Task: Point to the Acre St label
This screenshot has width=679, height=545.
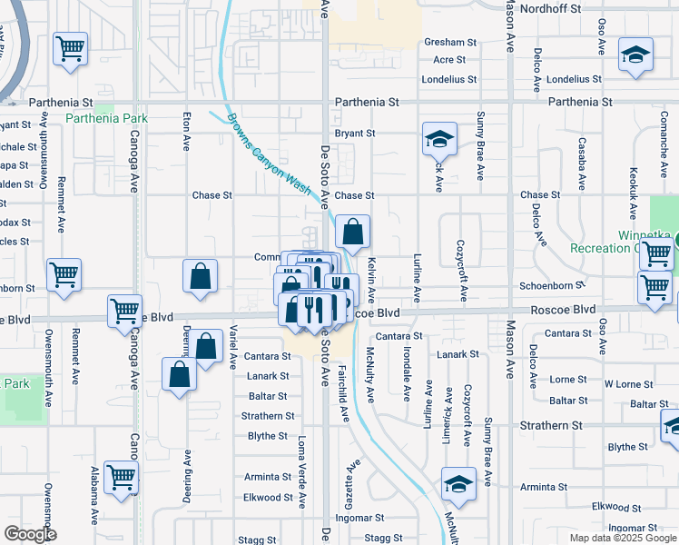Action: coord(448,60)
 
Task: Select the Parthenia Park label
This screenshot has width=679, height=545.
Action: coord(107,119)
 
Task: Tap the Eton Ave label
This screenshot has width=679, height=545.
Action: coord(187,131)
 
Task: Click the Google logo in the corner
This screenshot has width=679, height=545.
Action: coord(30,534)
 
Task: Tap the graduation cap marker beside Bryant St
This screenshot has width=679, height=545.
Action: coord(439,140)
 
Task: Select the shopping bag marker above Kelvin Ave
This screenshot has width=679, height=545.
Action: coord(353,233)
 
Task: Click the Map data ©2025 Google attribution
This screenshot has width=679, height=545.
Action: coord(623,538)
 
